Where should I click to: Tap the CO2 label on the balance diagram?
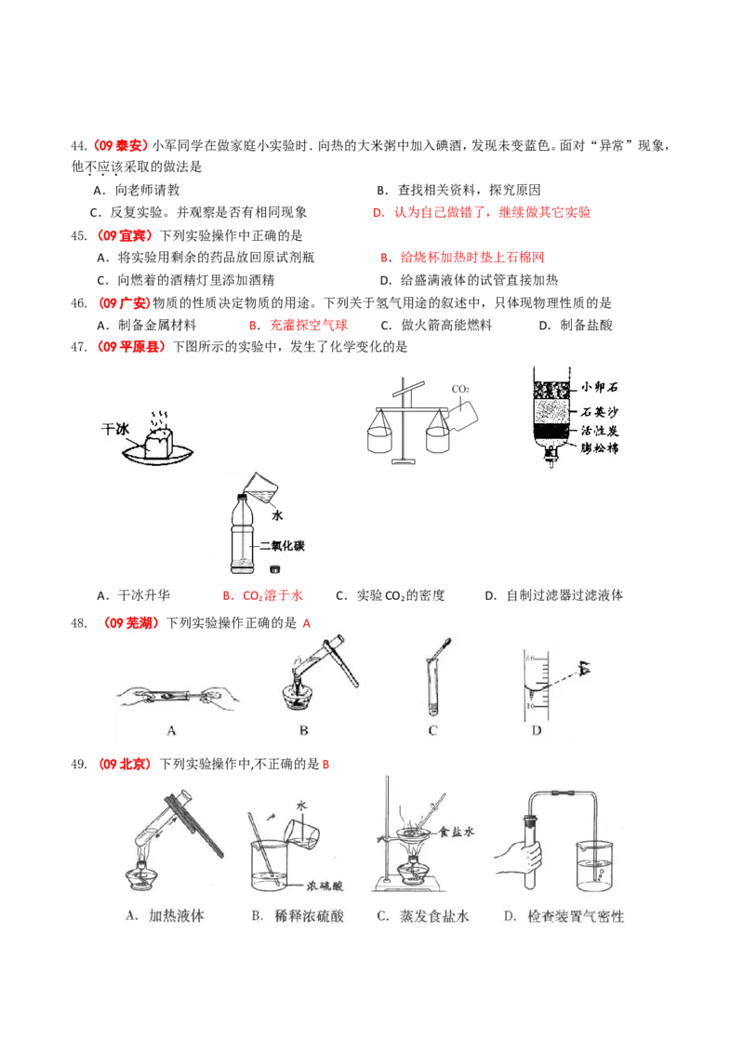(459, 389)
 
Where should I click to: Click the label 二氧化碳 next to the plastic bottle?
(282, 546)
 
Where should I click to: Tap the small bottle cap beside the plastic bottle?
(273, 568)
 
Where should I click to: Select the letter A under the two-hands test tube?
(171, 731)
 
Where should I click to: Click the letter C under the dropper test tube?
(432, 731)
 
